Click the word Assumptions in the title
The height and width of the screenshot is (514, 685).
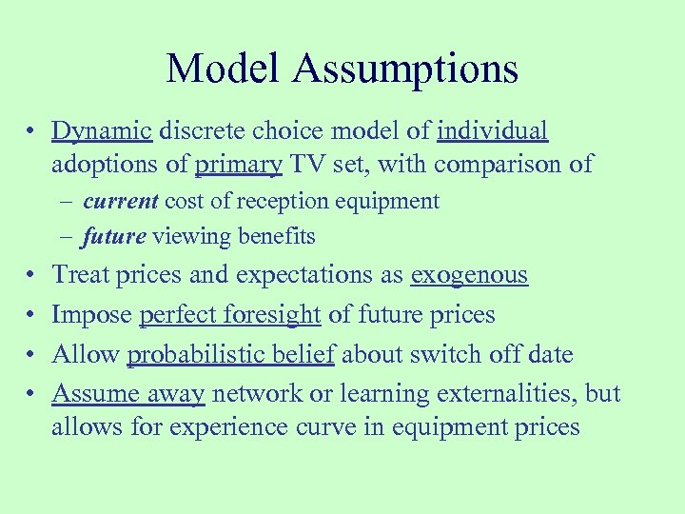(405, 69)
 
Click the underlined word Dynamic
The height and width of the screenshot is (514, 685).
(102, 130)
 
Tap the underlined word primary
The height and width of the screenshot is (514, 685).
(238, 165)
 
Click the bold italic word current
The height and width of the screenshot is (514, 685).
(121, 201)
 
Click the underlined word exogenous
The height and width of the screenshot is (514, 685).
(468, 275)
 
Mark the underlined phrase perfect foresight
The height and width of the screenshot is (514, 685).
(230, 315)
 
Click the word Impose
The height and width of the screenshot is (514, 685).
(92, 315)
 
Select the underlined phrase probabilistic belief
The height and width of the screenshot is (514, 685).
(231, 355)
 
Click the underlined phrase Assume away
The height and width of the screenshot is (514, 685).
(128, 394)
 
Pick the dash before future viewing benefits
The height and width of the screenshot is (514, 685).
(70, 236)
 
